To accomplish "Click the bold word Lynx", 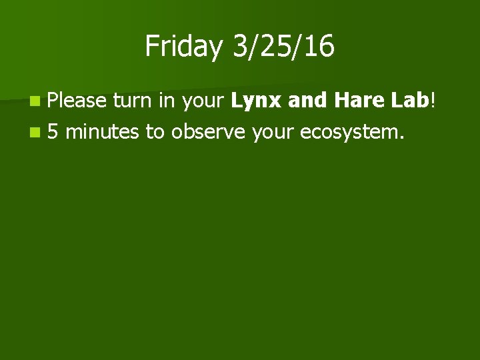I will point(257,101).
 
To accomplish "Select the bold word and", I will point(309,101).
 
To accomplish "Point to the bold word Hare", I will point(359,101).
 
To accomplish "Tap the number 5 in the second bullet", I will point(53,132).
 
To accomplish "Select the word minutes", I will point(103,132).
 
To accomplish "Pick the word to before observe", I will point(155,132).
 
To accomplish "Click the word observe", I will point(208,132).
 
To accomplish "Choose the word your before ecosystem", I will point(273,132).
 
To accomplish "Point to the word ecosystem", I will point(348,132).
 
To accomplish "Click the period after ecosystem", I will point(401,137).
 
